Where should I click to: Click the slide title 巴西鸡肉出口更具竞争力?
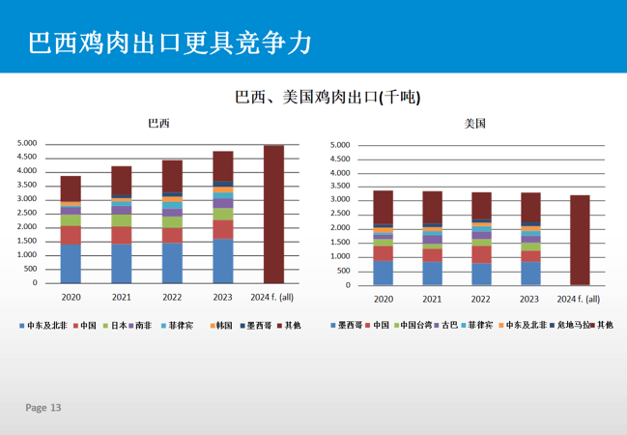169,42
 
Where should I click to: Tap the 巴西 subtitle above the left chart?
157,124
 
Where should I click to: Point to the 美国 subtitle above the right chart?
474,124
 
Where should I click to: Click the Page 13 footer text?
43,408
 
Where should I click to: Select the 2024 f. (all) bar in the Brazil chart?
274,215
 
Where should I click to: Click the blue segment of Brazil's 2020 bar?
71,264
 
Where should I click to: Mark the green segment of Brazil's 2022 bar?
172,221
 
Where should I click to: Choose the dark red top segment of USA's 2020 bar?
384,207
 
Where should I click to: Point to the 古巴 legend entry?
443,326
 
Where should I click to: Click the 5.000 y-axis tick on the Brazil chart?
27,143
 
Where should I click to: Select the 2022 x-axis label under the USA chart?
481,299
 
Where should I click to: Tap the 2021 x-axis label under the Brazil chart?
122,297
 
